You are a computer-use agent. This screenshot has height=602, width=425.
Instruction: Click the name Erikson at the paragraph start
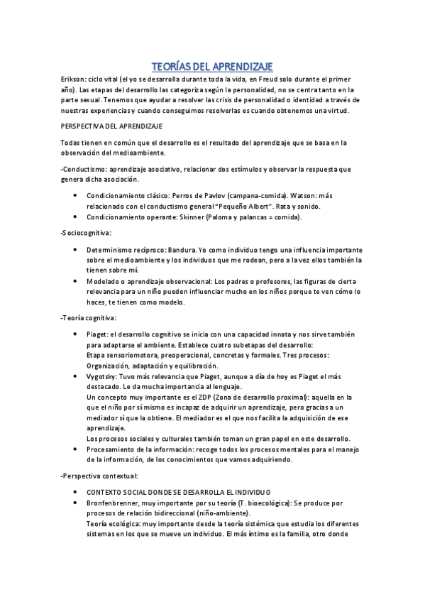pyautogui.click(x=73, y=80)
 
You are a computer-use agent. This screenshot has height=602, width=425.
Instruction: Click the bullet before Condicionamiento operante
pyautogui.click(x=75, y=217)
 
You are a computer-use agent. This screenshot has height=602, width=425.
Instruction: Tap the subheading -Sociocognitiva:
pyautogui.click(x=87, y=233)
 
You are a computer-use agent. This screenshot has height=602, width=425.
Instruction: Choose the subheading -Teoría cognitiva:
pyautogui.click(x=89, y=318)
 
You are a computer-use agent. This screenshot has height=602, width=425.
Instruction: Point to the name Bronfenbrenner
pyautogui.click(x=117, y=502)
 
